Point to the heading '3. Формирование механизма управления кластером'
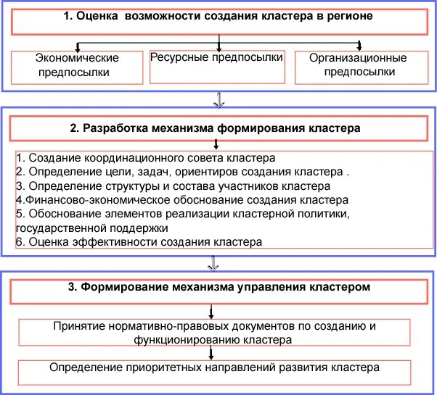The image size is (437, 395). coord(219,287)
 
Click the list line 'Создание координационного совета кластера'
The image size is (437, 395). coord(145,157)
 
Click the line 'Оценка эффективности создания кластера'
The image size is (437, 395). coord(138,241)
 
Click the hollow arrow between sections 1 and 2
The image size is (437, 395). coord(217,99)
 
